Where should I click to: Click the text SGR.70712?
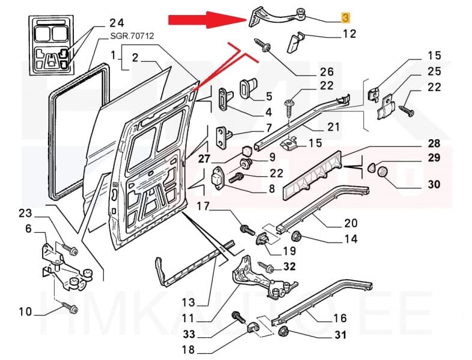(x=132, y=37)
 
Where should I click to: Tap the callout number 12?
(x=349, y=34)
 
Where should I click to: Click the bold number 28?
(x=433, y=144)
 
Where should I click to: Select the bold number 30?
(x=433, y=184)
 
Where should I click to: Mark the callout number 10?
(x=25, y=311)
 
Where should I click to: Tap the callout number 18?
(x=187, y=349)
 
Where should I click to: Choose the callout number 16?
(x=339, y=318)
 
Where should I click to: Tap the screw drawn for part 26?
(x=264, y=46)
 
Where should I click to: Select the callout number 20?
(x=351, y=223)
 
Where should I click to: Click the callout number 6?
(x=28, y=229)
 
